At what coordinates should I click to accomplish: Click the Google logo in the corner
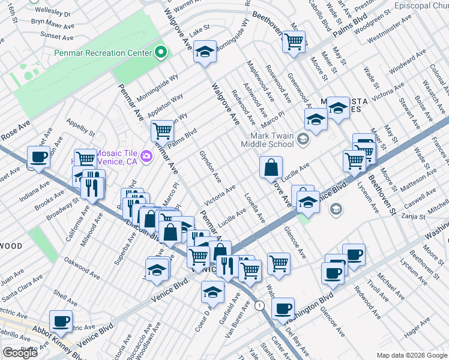tap(20, 353)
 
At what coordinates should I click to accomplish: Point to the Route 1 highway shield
tap(259, 306)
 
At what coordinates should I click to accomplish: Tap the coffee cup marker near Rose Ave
tap(39, 158)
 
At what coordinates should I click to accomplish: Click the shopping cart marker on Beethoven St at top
tap(294, 42)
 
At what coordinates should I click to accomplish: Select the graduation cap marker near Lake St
tap(205, 52)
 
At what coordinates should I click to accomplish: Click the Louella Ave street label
tap(255, 208)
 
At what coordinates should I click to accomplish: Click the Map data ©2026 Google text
tap(411, 355)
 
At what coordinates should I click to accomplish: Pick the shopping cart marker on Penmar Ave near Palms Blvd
tap(163, 130)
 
